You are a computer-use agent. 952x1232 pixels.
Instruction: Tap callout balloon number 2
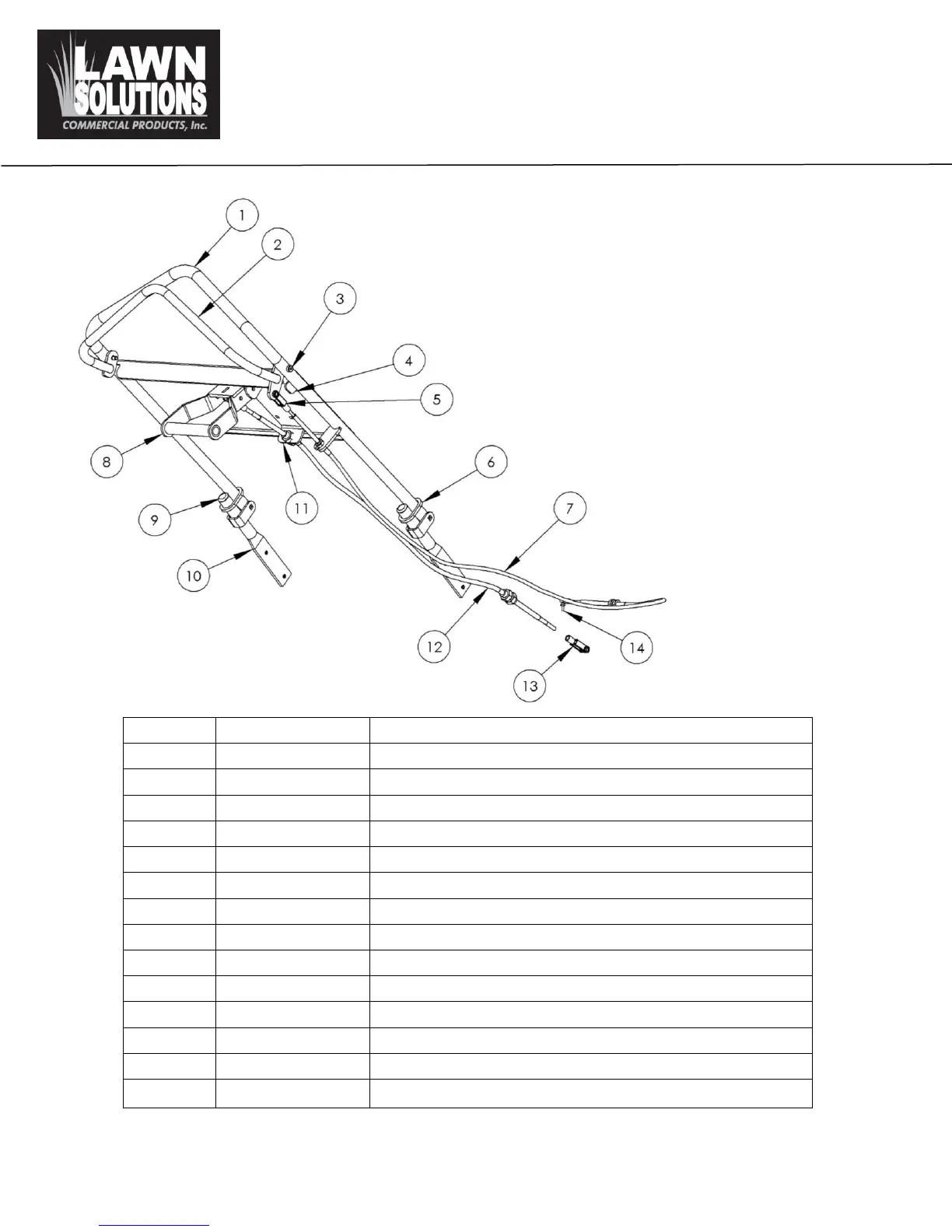[x=278, y=245]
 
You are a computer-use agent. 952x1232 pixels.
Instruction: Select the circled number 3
[x=340, y=299]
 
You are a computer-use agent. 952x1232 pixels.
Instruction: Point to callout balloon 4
[x=408, y=361]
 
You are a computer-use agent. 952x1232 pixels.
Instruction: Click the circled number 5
[x=436, y=399]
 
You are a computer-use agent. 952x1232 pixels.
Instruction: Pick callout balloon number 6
[x=491, y=462]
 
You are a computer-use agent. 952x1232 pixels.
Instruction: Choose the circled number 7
[x=570, y=509]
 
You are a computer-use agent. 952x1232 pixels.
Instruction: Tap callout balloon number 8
[x=107, y=462]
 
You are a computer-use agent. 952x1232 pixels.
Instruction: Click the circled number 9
[x=155, y=519]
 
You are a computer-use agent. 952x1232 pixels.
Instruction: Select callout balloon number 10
[x=194, y=576]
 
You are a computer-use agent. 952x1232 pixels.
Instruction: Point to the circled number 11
[x=302, y=509]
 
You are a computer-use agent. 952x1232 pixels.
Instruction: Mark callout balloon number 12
[x=434, y=647]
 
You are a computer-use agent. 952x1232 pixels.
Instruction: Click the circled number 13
[x=530, y=686]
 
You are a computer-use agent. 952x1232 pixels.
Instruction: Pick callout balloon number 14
[x=636, y=647]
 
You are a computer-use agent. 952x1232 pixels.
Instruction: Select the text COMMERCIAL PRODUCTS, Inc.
[x=135, y=126]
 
